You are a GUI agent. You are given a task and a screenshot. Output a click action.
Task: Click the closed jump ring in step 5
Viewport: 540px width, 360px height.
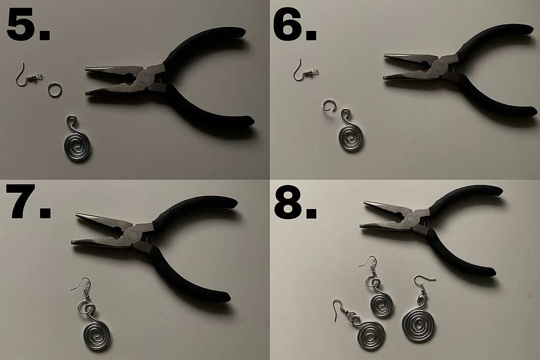(54, 90)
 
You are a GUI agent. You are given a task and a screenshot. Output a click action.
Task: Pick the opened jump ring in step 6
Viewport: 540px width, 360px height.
(328, 105)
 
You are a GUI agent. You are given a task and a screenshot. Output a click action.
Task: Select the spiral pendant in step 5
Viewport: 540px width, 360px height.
(78, 145)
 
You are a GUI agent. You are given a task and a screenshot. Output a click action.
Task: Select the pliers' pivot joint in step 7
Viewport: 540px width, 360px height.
(135, 231)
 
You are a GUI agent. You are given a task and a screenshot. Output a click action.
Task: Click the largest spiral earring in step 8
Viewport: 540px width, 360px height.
(418, 324)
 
